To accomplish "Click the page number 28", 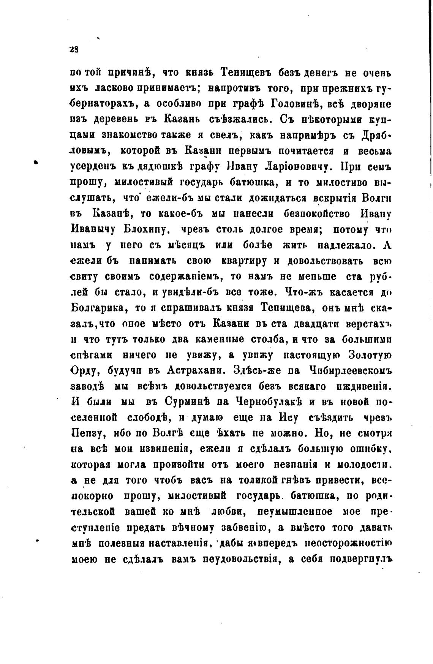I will click(74, 49).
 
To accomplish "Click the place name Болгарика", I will click(98, 308).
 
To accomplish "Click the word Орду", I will click(86, 371).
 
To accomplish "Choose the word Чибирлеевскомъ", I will click(352, 371).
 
